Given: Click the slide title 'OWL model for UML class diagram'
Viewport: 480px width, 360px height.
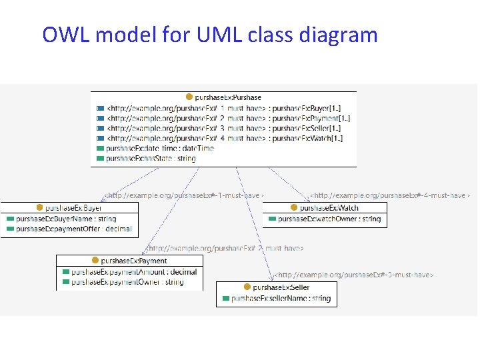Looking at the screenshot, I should coord(210,34).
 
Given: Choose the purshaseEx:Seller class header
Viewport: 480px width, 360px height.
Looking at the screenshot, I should coord(276,287).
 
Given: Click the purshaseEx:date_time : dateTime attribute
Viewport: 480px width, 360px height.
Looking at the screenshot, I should coord(160,148).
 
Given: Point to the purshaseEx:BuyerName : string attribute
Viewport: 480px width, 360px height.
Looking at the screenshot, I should coord(65,219).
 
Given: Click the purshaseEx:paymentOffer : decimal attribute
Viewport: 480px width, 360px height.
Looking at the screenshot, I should coord(73,229).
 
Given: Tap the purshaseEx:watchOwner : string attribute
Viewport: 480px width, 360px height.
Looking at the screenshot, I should coord(329,219).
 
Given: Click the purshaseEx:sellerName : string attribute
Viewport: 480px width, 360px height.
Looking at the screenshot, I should coord(280,298).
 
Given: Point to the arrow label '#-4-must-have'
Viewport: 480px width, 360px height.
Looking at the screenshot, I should coord(390,195).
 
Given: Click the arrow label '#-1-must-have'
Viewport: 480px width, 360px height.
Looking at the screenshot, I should coord(183,195).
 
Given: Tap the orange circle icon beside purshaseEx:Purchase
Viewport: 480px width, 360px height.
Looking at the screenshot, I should coord(189,97).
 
